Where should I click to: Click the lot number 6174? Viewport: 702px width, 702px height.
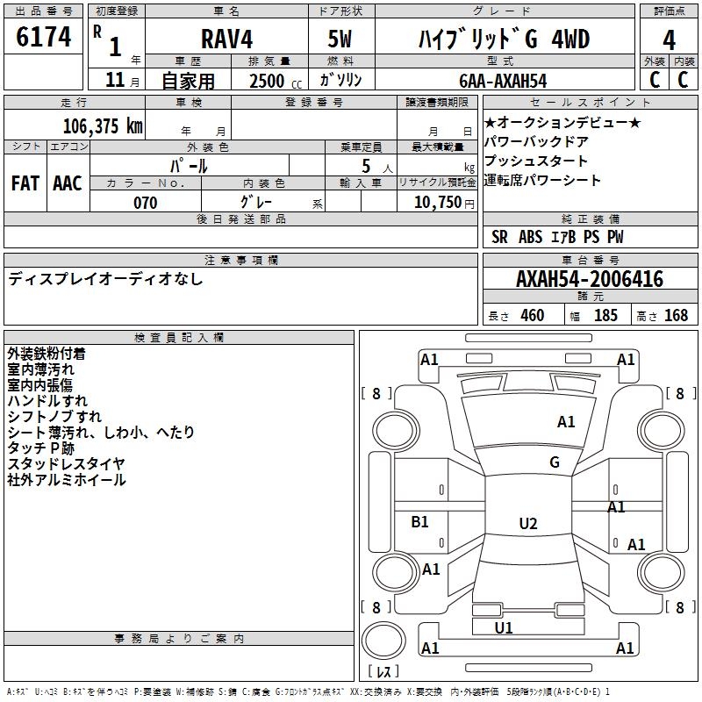(44, 38)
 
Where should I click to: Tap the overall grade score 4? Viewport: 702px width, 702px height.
(670, 40)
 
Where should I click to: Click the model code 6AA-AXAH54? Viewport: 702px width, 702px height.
(504, 81)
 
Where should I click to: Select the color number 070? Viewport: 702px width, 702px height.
(145, 203)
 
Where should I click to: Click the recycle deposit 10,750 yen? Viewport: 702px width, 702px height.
(437, 203)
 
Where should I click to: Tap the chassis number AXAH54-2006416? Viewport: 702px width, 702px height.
(590, 280)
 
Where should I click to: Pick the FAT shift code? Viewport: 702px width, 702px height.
(25, 183)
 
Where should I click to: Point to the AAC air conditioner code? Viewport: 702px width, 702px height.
(67, 183)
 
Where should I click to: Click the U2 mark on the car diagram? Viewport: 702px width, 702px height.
(527, 524)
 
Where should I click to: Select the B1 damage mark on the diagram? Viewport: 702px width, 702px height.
(420, 522)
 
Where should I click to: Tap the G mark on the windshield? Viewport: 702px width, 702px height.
(555, 462)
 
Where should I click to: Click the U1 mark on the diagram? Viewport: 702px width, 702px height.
(504, 628)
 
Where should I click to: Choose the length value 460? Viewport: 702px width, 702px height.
(532, 316)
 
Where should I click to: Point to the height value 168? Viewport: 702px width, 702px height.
(676, 316)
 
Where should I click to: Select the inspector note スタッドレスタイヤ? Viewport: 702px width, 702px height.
(67, 464)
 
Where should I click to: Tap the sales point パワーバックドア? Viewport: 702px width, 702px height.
(536, 142)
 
